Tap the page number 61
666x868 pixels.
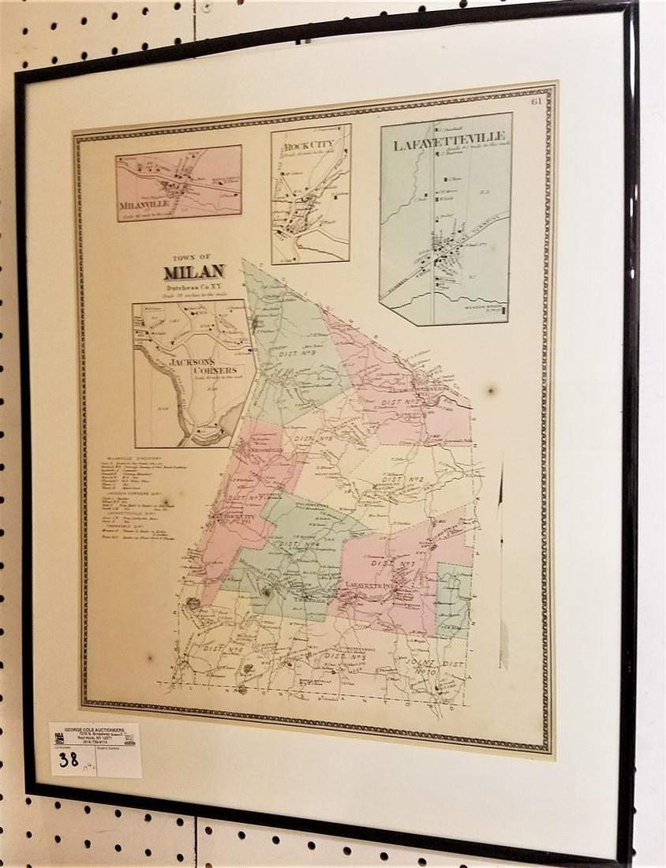[x=537, y=100]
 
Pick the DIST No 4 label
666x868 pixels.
[x=297, y=542]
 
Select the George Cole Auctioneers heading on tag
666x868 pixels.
[x=95, y=730]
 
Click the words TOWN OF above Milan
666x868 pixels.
[x=194, y=256]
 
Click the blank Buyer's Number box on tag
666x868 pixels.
[x=118, y=761]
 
